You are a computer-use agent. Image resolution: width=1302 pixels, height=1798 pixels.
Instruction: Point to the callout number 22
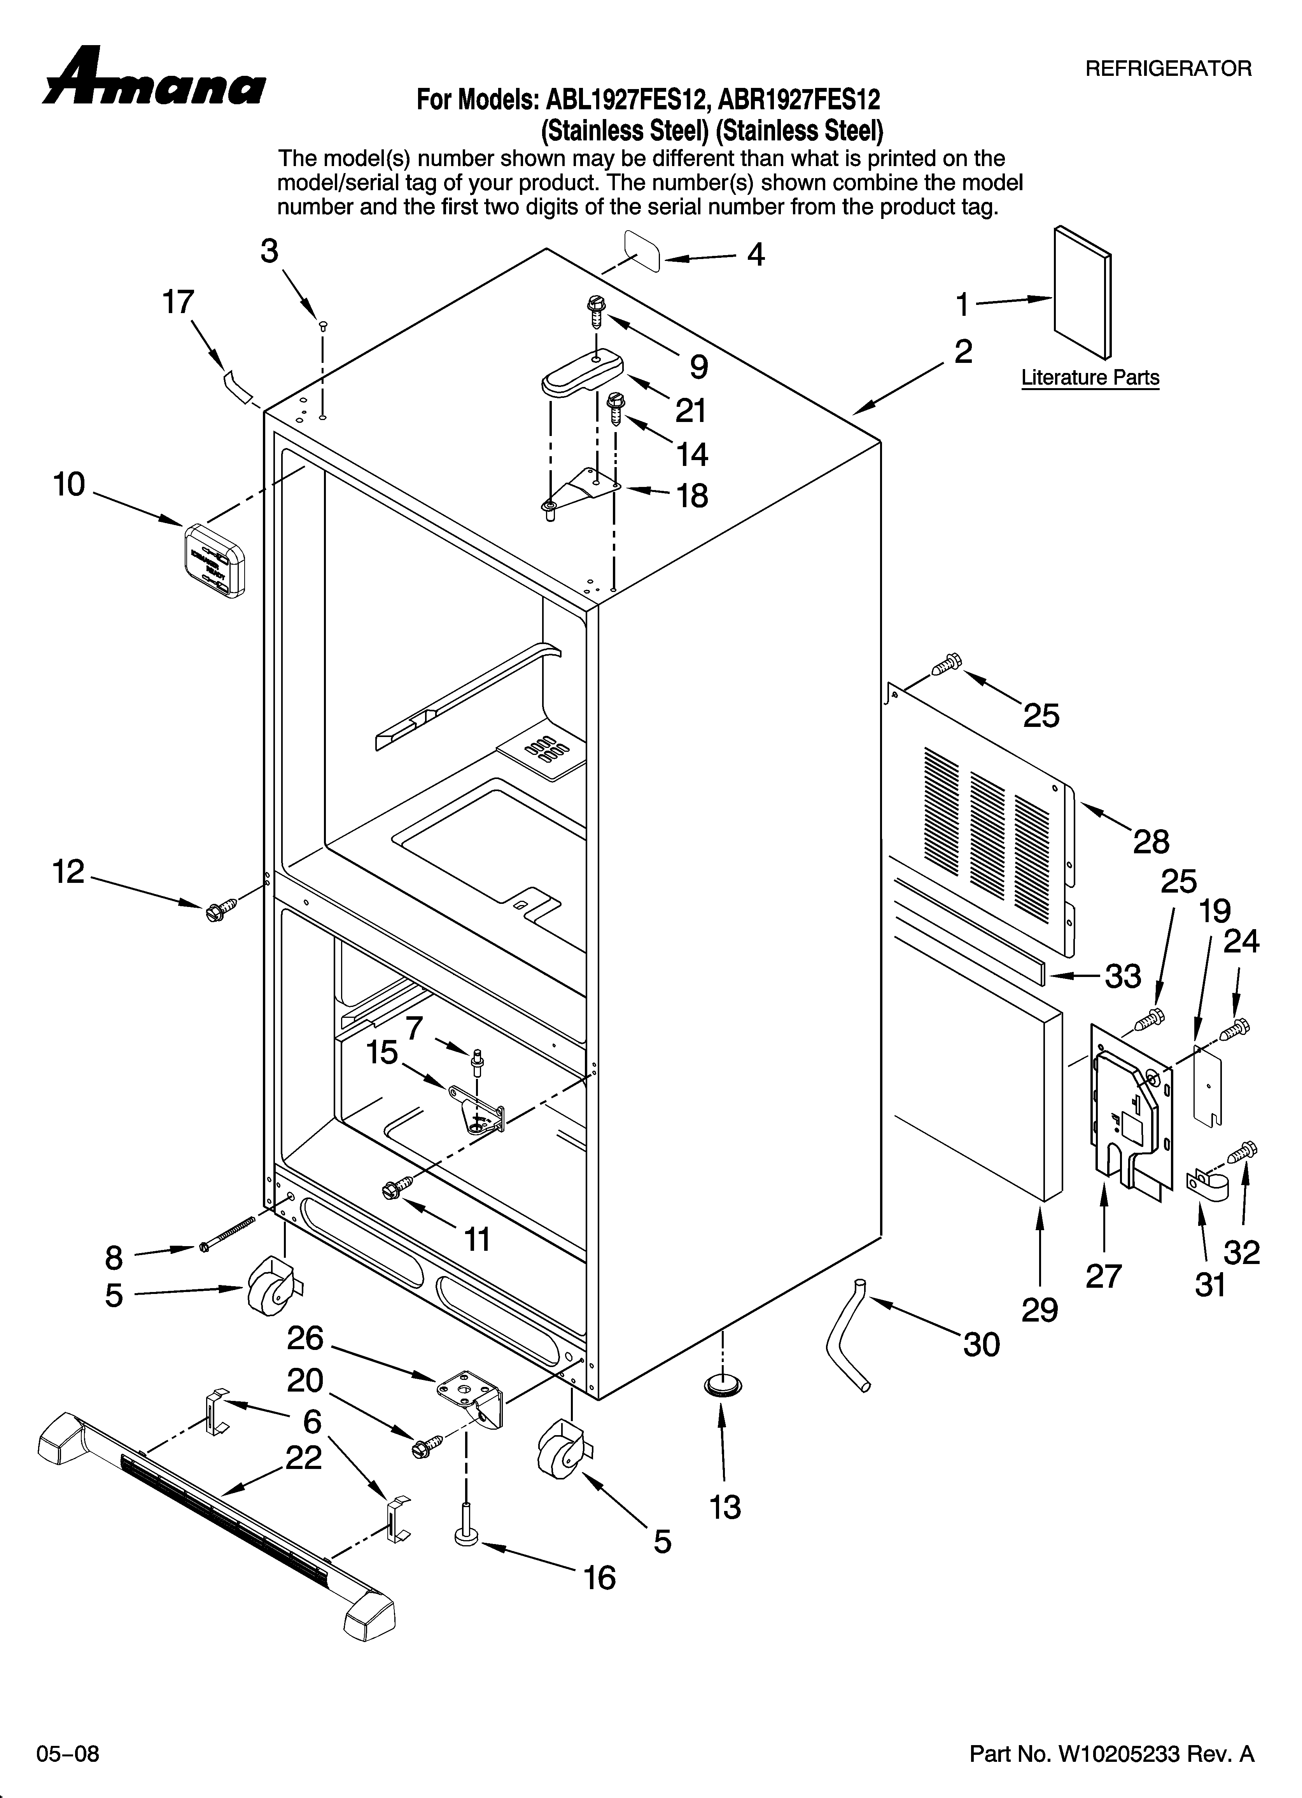point(304,1457)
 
